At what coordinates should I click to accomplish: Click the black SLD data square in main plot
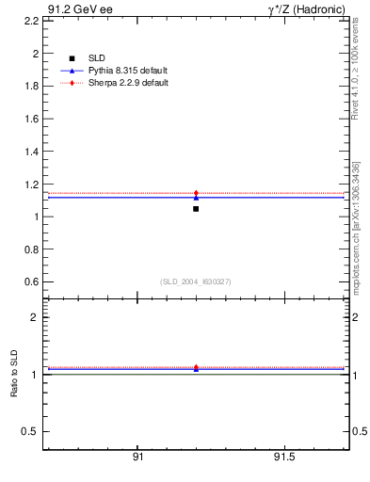click(x=196, y=208)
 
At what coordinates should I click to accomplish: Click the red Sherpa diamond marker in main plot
click(x=196, y=193)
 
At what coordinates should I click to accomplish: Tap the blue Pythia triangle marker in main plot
click(x=196, y=198)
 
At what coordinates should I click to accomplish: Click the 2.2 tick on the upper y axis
click(x=28, y=22)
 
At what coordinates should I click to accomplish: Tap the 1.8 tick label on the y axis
click(x=28, y=87)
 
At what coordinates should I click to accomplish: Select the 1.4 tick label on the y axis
click(x=28, y=152)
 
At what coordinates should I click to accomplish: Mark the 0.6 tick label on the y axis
click(x=28, y=281)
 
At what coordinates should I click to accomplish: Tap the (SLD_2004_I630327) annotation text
click(x=196, y=281)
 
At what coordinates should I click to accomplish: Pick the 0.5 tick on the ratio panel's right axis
click(x=360, y=432)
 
